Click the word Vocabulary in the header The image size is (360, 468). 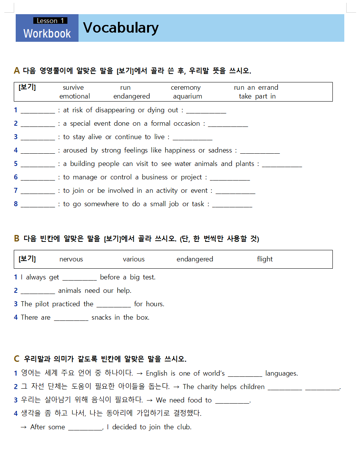coord(121,28)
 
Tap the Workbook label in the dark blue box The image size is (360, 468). coord(47,34)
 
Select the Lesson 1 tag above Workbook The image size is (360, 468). coord(50,21)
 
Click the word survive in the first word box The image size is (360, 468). coord(73,87)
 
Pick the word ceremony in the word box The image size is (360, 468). coord(186,87)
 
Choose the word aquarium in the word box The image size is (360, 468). coord(187,96)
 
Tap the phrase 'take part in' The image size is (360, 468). coord(257,96)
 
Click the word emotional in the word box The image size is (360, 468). coord(75,96)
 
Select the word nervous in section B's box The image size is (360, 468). coord(71,259)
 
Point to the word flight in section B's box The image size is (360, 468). coord(265,259)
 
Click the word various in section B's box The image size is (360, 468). coord(134,259)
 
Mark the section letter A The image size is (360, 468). coord(16,71)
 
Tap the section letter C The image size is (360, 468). coord(16,359)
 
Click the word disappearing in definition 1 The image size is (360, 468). coord(115,110)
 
